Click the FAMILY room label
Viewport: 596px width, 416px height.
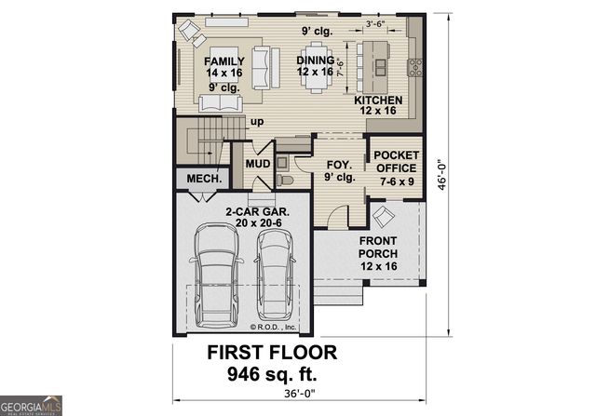click(x=223, y=60)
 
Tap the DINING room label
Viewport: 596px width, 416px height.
click(x=315, y=60)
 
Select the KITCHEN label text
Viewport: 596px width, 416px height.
click(x=378, y=101)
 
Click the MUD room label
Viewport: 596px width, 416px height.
click(x=257, y=165)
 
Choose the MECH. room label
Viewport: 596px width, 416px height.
click(x=203, y=179)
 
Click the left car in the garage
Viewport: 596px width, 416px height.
click(x=215, y=278)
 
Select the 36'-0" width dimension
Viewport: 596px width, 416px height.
click(x=296, y=396)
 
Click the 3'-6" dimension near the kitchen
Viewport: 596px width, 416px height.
click(x=376, y=23)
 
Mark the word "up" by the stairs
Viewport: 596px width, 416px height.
click(x=254, y=121)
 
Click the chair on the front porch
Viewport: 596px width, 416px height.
click(x=383, y=217)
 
